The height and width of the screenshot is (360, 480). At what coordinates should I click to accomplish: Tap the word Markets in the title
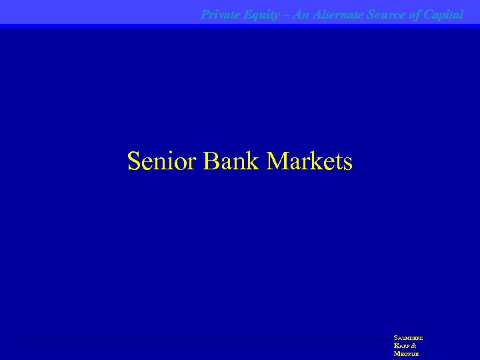[x=309, y=161]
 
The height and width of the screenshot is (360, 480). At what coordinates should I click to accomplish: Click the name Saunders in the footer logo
[x=408, y=338]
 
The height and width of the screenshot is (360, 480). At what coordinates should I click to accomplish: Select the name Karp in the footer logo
[x=402, y=346]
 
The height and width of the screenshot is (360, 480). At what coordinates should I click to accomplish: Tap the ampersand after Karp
[x=414, y=346]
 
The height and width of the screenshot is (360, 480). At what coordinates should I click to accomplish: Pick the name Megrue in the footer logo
[x=407, y=354]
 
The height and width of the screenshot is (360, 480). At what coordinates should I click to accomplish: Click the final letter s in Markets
[x=347, y=163]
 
